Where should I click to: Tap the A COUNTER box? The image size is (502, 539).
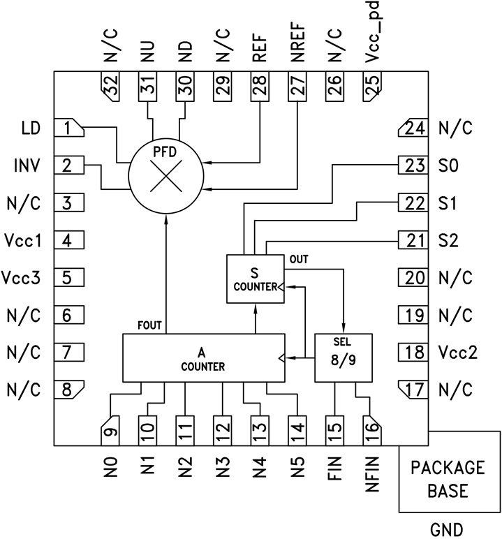coord(203,357)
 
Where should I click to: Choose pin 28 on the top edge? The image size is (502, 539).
coord(260,88)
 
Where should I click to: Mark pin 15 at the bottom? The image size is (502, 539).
coord(335,427)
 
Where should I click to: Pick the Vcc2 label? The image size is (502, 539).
coord(459,352)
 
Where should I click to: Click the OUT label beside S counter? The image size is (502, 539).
coord(300,259)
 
